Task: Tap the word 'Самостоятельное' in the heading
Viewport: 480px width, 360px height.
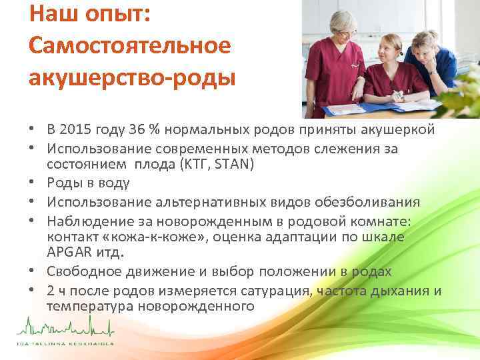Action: tap(130, 46)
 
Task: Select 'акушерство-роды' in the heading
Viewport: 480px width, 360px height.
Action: tap(132, 78)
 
